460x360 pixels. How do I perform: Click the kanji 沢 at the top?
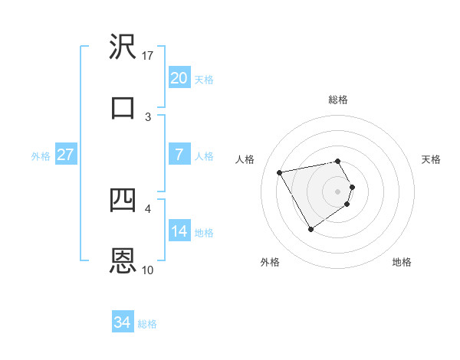[x=123, y=49]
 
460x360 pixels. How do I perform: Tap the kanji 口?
[x=123, y=106]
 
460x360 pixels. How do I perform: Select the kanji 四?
[x=123, y=201]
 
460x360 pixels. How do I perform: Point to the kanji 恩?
[x=123, y=260]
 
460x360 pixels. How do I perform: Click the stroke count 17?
[x=148, y=56]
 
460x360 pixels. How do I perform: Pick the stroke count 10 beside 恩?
[x=148, y=270]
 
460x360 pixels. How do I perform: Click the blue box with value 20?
[x=179, y=78]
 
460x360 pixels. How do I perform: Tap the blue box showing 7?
[x=179, y=155]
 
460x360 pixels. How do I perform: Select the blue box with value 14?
[x=179, y=231]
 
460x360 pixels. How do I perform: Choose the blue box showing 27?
[x=65, y=155]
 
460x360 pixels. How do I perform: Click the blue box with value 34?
[x=122, y=322]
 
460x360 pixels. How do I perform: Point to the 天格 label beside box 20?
[x=204, y=80]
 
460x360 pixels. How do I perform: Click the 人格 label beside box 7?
[x=204, y=156]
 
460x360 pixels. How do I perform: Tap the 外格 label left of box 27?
[x=41, y=156]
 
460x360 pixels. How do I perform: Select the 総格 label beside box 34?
[x=147, y=324]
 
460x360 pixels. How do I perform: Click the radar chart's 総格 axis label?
[x=338, y=100]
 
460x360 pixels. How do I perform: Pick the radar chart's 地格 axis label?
[x=402, y=263]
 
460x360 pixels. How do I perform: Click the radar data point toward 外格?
[x=310, y=229]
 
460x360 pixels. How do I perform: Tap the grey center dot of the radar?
[x=338, y=191]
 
